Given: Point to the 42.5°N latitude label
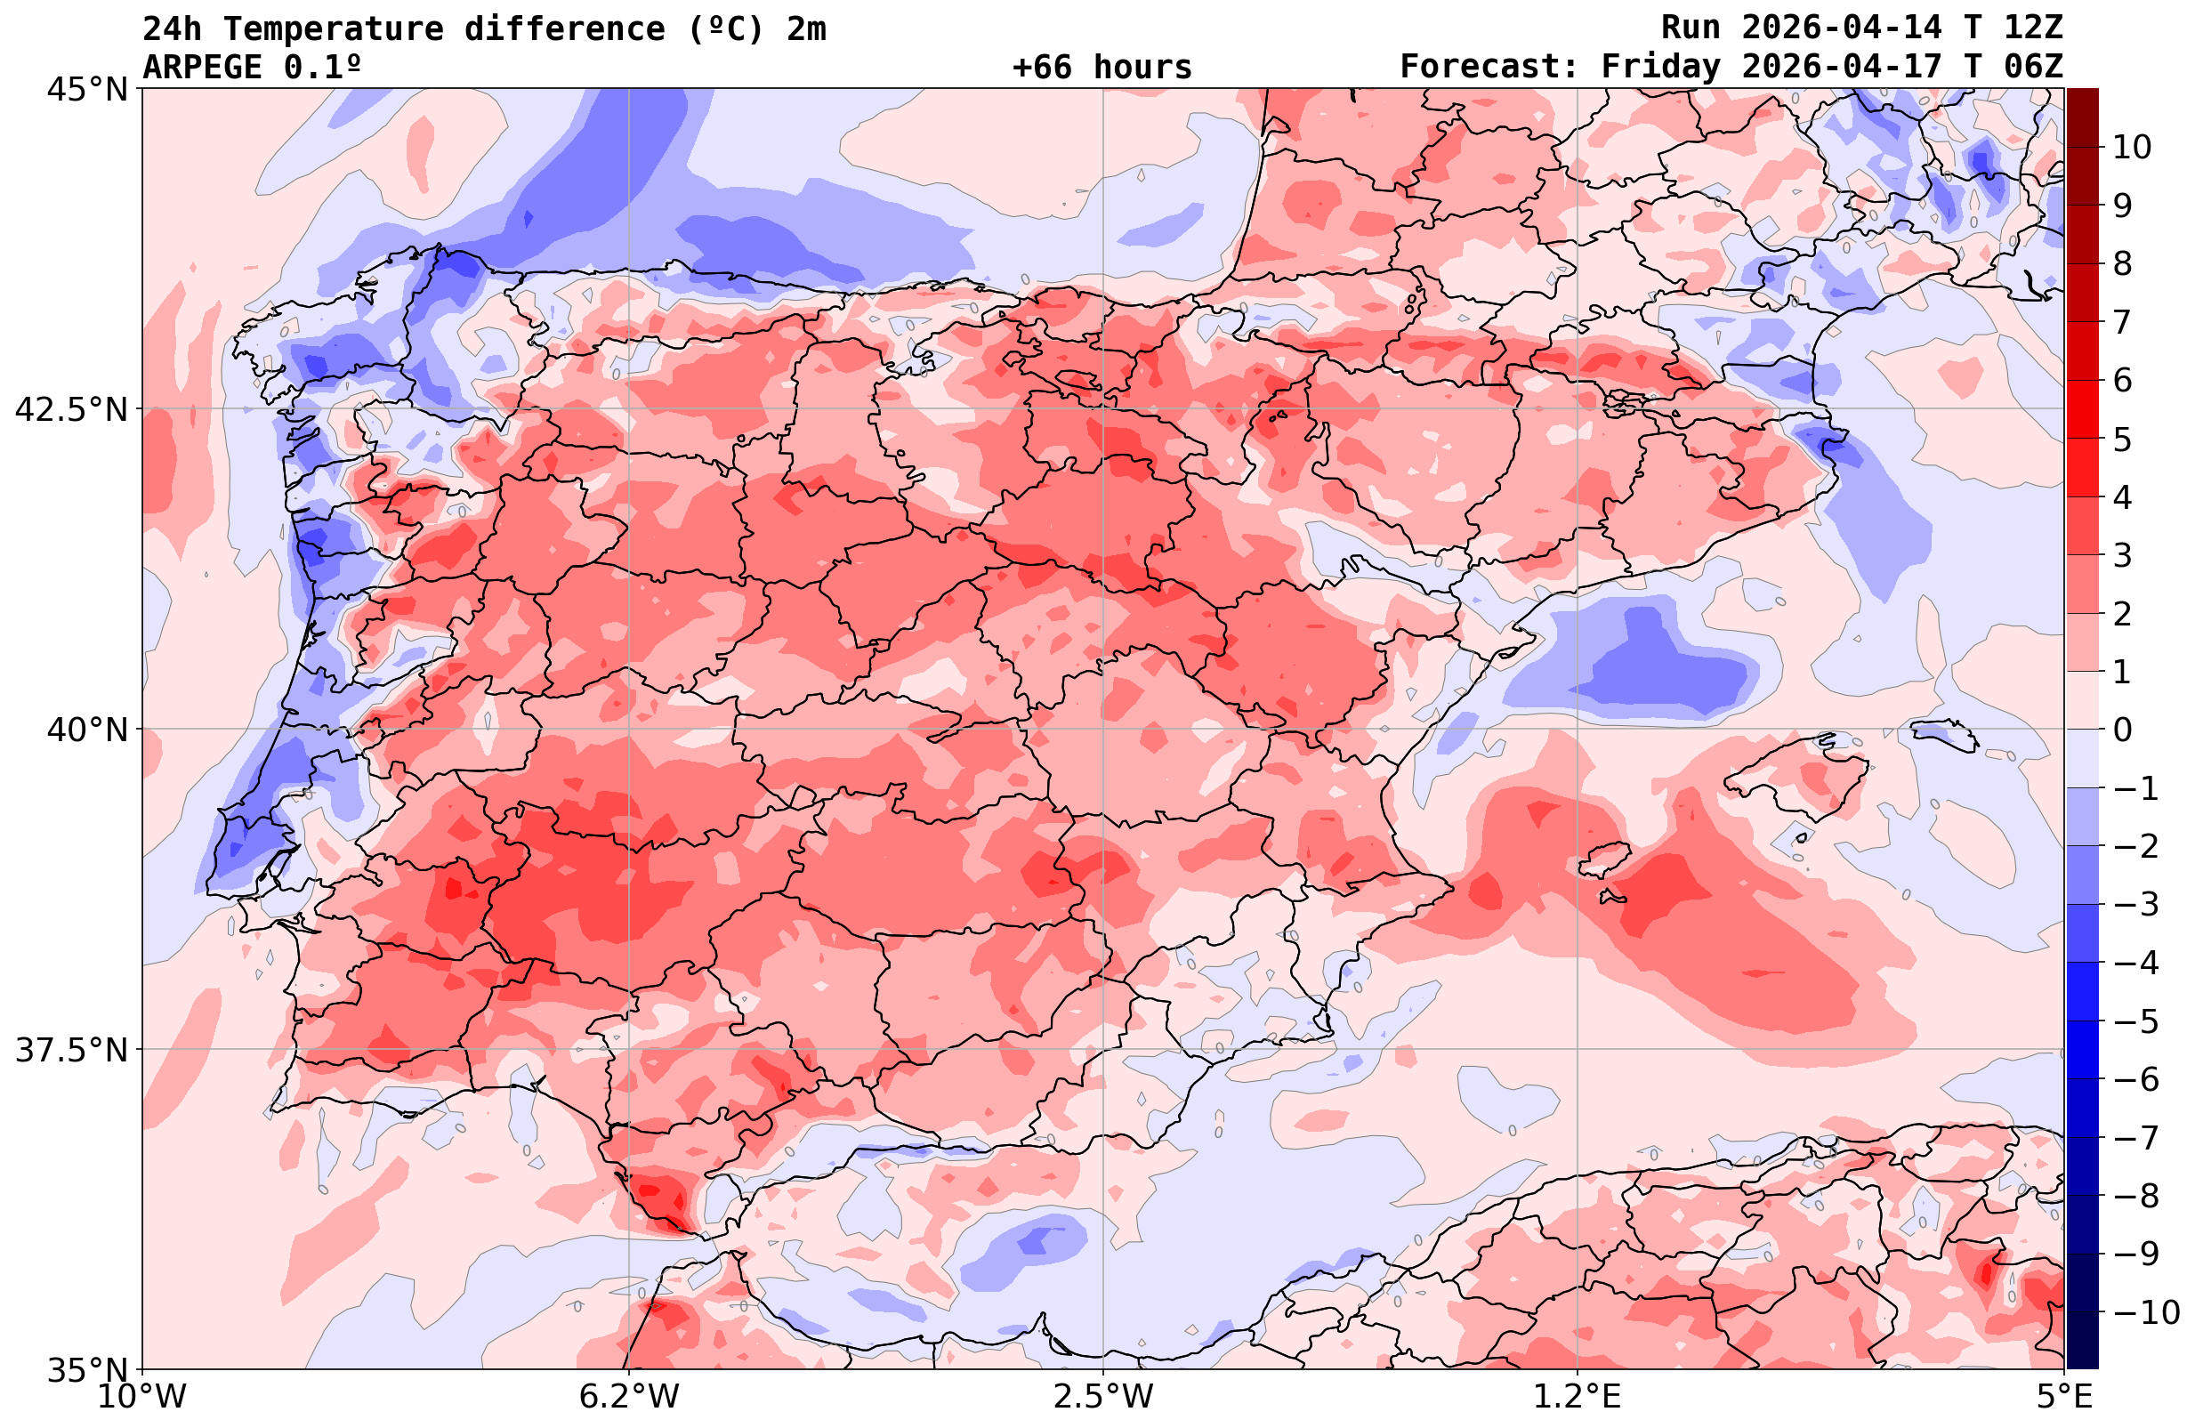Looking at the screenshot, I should tap(71, 409).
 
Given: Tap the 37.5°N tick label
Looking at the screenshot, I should tap(71, 1050).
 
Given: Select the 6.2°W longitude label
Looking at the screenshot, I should tap(629, 1397).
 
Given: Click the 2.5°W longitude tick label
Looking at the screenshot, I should tap(1103, 1397).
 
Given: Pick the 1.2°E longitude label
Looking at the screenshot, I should tap(1578, 1397).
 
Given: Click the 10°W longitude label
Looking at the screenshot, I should tap(142, 1397).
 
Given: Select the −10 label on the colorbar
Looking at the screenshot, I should tap(2145, 1311).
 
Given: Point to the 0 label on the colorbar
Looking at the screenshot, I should tap(2122, 730).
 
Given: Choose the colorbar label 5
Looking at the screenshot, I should tap(2122, 440).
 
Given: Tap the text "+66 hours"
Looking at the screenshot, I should tap(1102, 68).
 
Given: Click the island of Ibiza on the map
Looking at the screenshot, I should tap(1602, 858).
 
